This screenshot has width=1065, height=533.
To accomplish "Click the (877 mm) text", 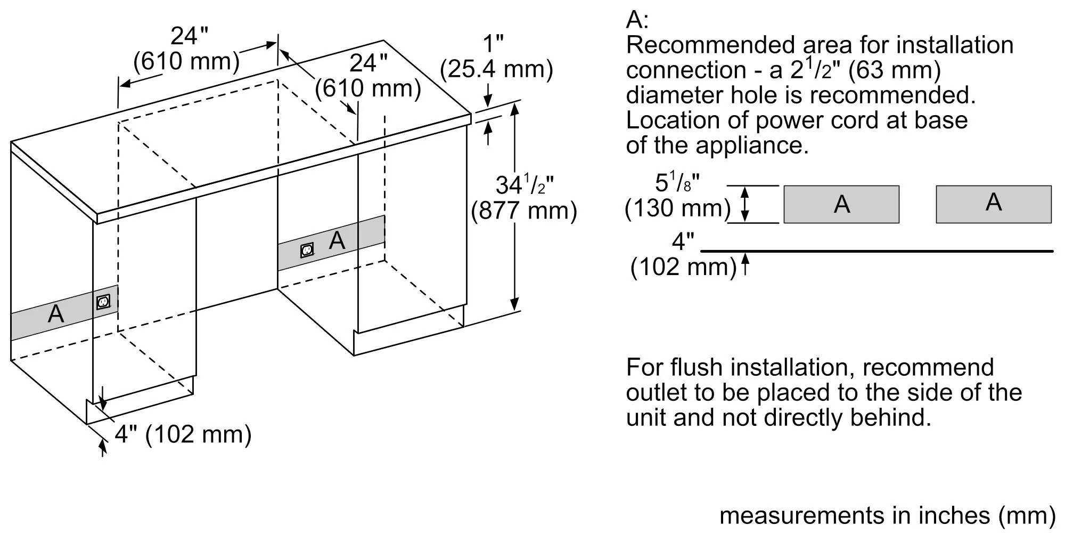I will (x=524, y=211).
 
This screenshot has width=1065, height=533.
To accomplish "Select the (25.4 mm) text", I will (x=496, y=69).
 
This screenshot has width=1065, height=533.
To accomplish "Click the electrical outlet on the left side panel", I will (x=103, y=302).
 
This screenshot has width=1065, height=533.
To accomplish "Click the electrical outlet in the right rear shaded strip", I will (x=307, y=249).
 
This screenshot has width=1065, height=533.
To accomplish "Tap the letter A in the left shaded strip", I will (x=56, y=314).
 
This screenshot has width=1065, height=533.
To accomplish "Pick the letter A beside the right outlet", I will (x=337, y=241).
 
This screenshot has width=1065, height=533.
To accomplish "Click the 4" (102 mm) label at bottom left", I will (x=183, y=434).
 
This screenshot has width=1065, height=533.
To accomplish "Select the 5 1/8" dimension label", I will (x=677, y=183).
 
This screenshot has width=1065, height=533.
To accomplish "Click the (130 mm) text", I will (x=677, y=208).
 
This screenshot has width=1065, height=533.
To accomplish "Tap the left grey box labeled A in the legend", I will (x=841, y=204).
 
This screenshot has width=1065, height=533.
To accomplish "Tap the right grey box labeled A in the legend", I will (x=994, y=204).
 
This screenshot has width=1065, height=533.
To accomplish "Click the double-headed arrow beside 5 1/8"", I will (x=745, y=204).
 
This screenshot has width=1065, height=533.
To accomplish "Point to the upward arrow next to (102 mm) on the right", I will (x=745, y=265).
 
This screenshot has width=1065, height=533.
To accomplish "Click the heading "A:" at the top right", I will (x=637, y=20).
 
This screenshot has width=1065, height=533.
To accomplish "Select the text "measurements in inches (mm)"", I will (x=887, y=515).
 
